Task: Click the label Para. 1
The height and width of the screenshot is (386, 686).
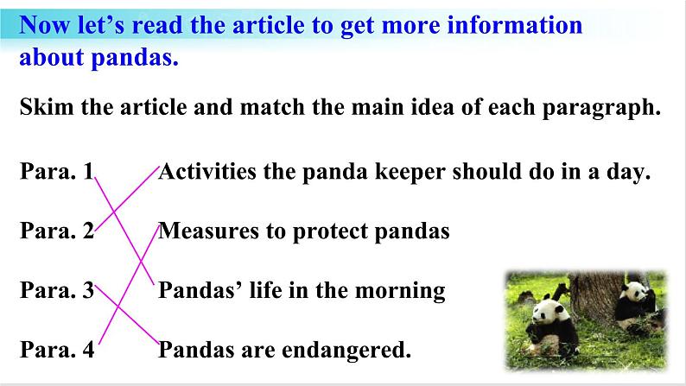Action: point(57,171)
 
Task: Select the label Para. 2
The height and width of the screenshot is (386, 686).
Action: point(57,231)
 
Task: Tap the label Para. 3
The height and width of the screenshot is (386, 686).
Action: point(57,290)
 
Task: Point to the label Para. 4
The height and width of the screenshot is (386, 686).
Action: point(57,349)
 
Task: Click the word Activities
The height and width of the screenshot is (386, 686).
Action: point(207,171)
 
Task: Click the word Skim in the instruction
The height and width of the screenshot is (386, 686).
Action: point(47,107)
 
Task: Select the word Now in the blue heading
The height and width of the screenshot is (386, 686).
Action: point(44,25)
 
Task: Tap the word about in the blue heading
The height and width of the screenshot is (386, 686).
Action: point(51,57)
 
